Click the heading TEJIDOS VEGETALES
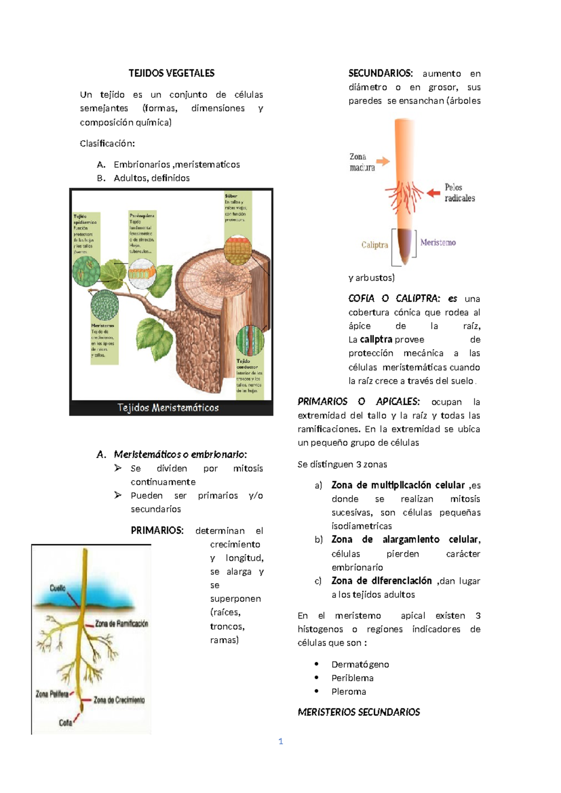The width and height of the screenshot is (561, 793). (x=172, y=73)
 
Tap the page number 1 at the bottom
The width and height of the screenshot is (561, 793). (x=280, y=741)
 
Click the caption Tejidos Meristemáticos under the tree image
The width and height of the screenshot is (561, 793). (x=168, y=408)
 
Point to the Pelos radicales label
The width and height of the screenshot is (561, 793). (x=460, y=193)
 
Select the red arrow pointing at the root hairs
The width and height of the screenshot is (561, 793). (x=433, y=192)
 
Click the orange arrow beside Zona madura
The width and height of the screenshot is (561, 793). (x=383, y=161)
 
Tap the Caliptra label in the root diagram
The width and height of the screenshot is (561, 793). (x=374, y=245)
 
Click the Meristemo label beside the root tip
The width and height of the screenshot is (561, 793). (x=438, y=243)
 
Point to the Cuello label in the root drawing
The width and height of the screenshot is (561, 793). (x=58, y=588)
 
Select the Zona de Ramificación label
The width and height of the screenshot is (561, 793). (x=122, y=624)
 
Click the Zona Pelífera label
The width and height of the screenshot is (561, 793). (x=52, y=694)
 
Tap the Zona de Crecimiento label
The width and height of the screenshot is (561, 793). (x=119, y=700)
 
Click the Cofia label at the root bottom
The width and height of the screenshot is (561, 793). (x=65, y=723)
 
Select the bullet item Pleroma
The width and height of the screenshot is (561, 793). (x=348, y=692)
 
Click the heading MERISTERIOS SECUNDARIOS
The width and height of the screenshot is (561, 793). (x=359, y=712)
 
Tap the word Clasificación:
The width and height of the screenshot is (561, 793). (x=107, y=144)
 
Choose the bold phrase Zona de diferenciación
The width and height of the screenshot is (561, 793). (x=381, y=581)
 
